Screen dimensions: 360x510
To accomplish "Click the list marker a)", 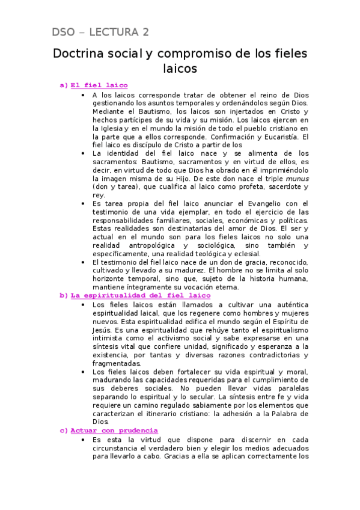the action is (x=64, y=85).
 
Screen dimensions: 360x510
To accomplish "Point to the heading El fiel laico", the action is (x=99, y=85).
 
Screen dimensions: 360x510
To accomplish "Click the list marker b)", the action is (x=64, y=295).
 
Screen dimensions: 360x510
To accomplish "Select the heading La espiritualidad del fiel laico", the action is (x=141, y=295).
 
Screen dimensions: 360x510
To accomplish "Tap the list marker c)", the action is (x=64, y=431).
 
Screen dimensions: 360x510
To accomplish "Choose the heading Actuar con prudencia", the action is (x=114, y=431).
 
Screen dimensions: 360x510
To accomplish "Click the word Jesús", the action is (x=103, y=330).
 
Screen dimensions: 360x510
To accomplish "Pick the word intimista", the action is (x=108, y=338).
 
